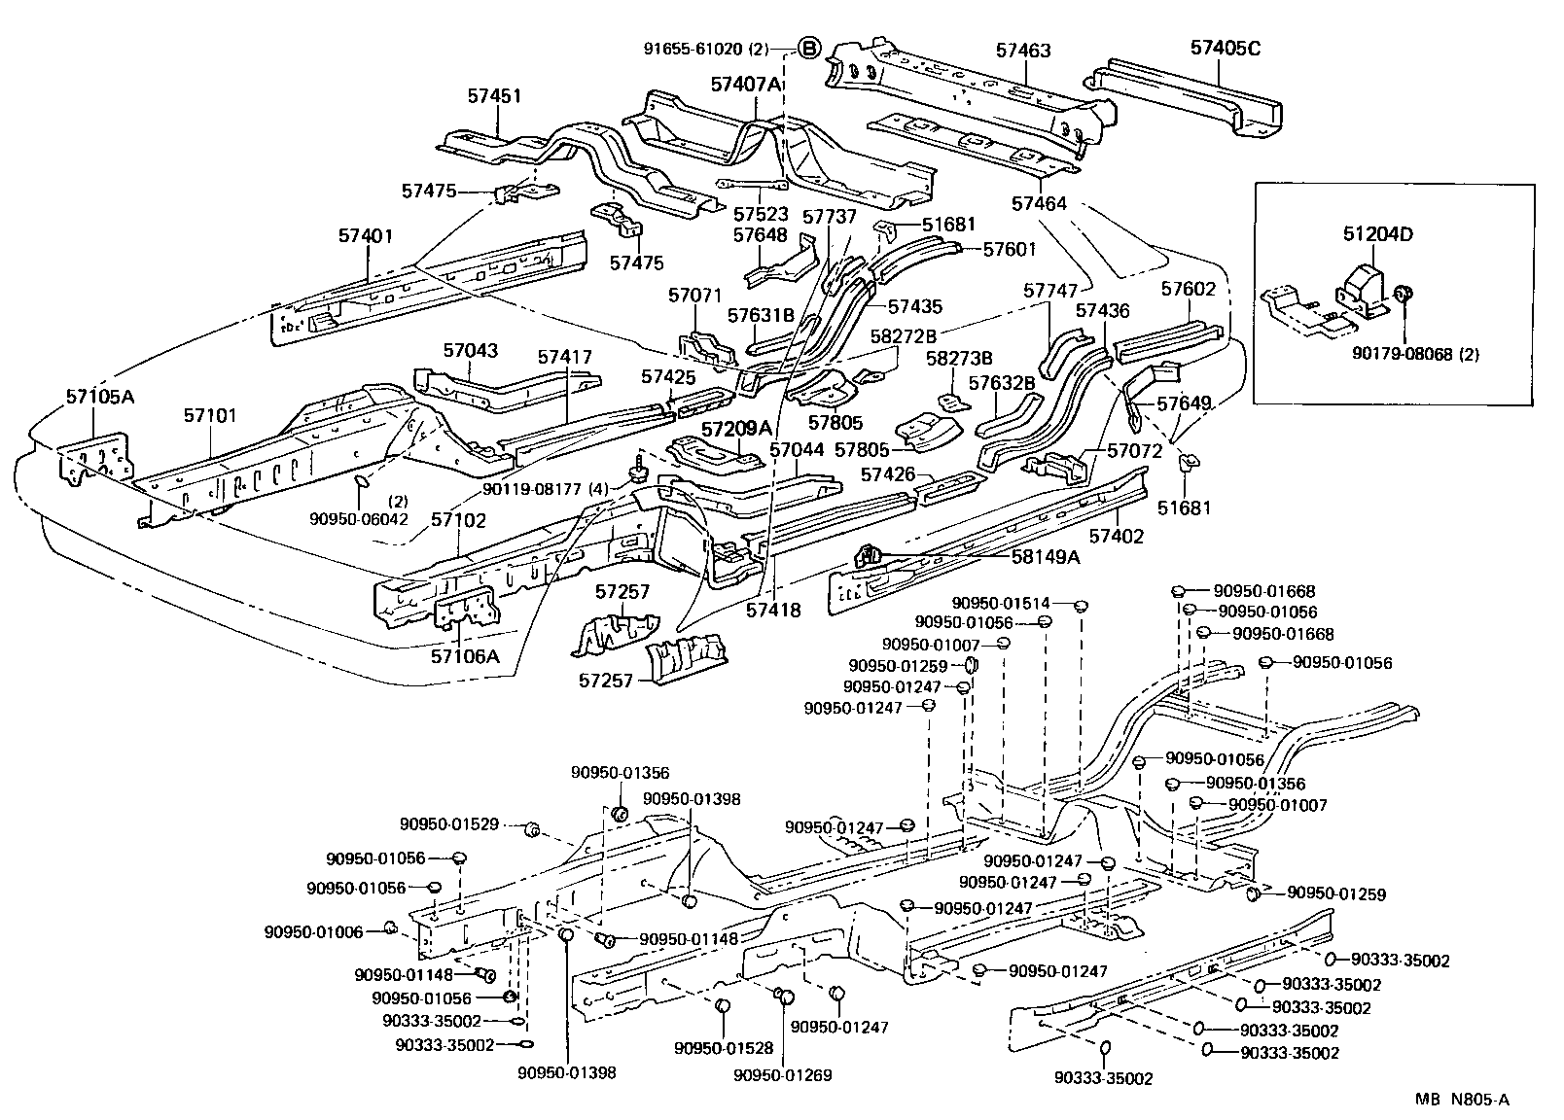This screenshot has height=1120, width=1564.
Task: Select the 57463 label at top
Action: click(x=1023, y=50)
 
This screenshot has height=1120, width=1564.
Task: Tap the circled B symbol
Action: click(x=809, y=48)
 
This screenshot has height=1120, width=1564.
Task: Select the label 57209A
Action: click(x=736, y=428)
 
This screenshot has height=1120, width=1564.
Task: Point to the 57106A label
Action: click(x=465, y=656)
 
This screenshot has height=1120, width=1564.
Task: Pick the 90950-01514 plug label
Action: click(x=1005, y=604)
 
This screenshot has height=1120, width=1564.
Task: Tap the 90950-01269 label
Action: click(x=783, y=1075)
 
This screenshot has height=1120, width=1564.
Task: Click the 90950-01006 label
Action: click(x=312, y=932)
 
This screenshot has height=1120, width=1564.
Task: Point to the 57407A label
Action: click(x=747, y=85)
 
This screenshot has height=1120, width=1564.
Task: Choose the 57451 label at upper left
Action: click(x=495, y=96)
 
